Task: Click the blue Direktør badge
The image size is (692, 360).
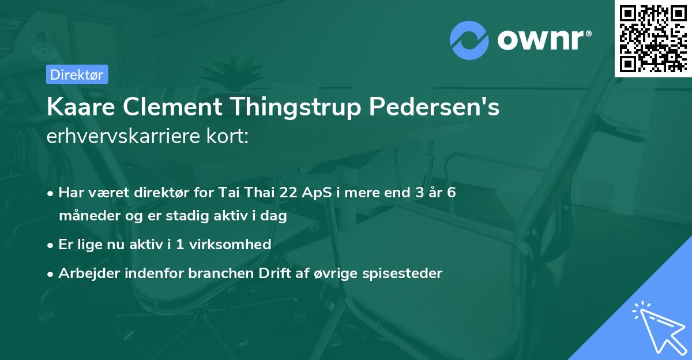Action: pos(77,74)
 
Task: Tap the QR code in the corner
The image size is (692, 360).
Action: pos(653,39)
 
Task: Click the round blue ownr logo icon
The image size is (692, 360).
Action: pos(469,40)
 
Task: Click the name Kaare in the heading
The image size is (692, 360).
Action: pos(81,107)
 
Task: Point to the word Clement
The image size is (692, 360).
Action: pos(172,107)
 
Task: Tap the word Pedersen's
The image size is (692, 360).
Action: pos(434,107)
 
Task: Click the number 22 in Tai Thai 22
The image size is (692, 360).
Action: pos(288,192)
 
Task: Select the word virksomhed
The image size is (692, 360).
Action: pos(230,244)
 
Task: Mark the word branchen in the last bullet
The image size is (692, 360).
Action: pos(221,273)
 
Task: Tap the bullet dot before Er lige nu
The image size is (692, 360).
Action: pos(50,246)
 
